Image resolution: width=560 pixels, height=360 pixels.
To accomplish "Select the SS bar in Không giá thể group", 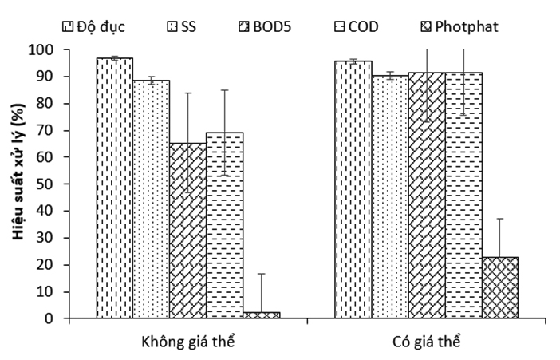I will (x=151, y=200).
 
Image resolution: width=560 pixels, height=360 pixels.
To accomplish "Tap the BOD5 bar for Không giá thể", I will (x=187, y=231).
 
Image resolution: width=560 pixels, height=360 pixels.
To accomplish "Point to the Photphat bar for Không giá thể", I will (x=261, y=315).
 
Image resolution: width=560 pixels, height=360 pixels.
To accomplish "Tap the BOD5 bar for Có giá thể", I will (x=426, y=196).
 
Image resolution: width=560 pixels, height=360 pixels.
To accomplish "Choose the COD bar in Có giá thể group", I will (x=463, y=196).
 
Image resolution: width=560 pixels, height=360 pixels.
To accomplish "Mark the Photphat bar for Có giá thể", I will (x=499, y=287).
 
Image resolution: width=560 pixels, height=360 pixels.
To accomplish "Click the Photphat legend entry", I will (x=459, y=26).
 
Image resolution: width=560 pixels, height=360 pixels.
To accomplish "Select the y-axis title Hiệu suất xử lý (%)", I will (x=16, y=184).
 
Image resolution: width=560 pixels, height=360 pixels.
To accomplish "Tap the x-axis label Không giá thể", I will (x=187, y=342).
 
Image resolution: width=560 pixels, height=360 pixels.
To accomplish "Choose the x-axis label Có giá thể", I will (x=426, y=342).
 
